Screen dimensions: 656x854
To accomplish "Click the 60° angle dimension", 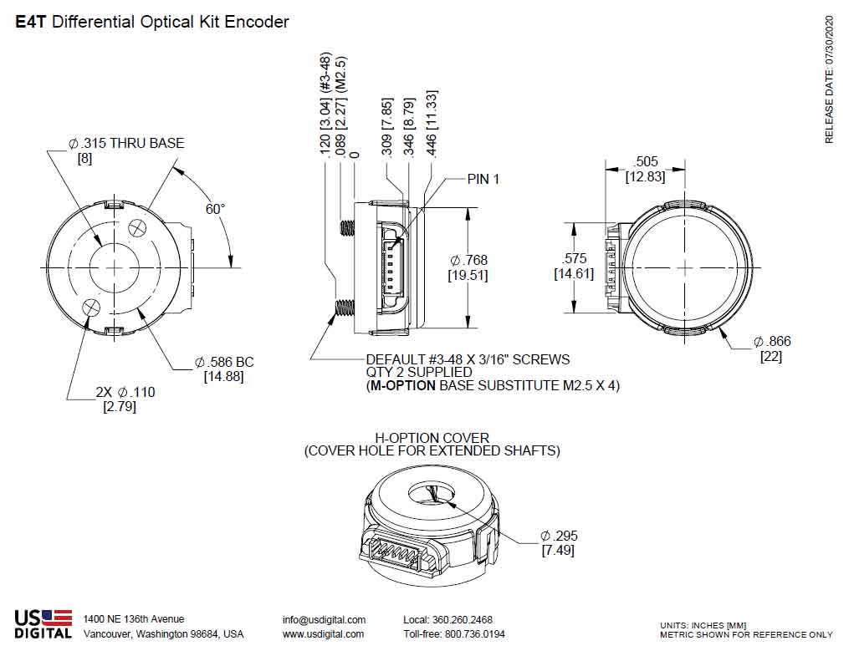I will click(x=216, y=208).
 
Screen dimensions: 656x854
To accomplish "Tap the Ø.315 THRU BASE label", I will click(x=126, y=143).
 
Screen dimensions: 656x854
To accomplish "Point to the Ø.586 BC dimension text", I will click(x=224, y=362).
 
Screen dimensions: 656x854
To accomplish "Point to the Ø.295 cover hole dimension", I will click(x=559, y=536).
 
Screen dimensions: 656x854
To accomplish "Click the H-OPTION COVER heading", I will click(x=431, y=437).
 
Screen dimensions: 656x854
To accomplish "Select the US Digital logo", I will click(x=43, y=624).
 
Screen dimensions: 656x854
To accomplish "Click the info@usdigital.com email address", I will click(x=324, y=619).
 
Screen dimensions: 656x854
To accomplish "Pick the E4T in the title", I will click(x=32, y=22).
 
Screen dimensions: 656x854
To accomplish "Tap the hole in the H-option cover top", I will click(x=432, y=495).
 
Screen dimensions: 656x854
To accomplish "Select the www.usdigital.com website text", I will click(x=323, y=633).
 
